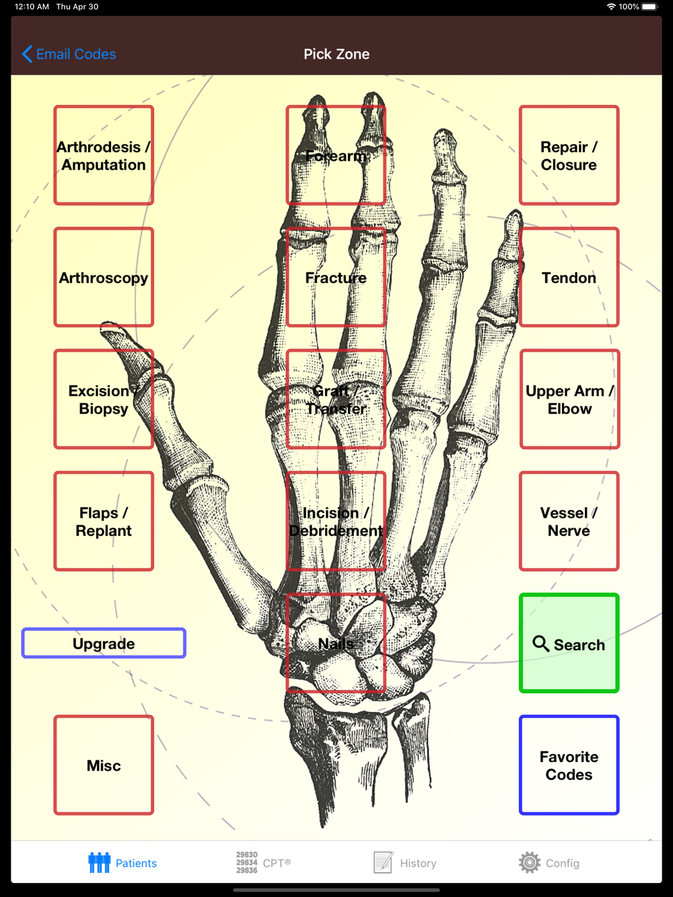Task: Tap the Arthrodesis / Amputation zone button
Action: click(x=104, y=155)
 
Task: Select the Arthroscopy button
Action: click(x=104, y=277)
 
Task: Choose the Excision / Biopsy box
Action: click(x=104, y=399)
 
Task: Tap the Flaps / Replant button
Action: click(x=104, y=521)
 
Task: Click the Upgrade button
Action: click(x=104, y=643)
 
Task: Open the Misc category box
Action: click(x=104, y=765)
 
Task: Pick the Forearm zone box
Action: click(x=336, y=155)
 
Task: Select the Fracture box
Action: click(x=336, y=277)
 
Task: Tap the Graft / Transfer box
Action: click(x=336, y=399)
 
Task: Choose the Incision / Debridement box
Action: click(x=336, y=521)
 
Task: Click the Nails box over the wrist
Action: click(x=336, y=643)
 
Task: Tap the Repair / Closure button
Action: click(x=569, y=155)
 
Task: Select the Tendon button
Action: click(x=569, y=277)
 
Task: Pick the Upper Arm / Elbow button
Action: click(x=569, y=399)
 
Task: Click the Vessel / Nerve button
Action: click(x=569, y=521)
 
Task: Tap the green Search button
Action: click(x=569, y=643)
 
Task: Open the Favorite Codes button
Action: click(x=569, y=765)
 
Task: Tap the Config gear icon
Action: click(x=530, y=862)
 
